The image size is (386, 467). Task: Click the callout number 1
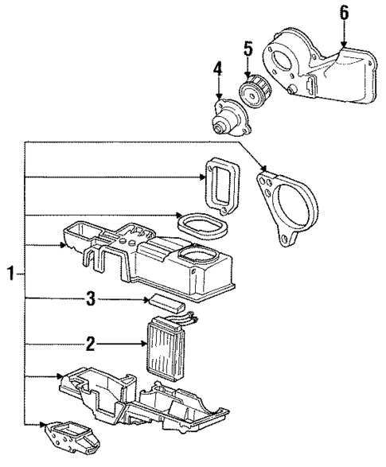tap(11, 274)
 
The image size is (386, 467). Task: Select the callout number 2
tap(90, 344)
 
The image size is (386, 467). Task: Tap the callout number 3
tap(90, 299)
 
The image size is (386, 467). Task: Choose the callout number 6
tap(343, 12)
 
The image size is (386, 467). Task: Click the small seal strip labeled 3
tap(166, 302)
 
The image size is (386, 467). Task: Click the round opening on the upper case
tap(197, 257)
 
